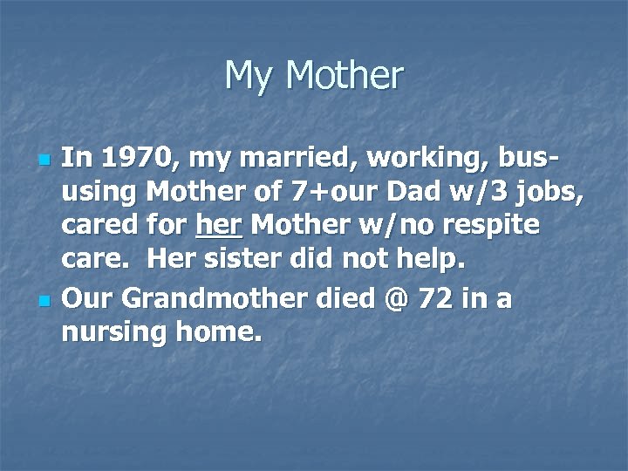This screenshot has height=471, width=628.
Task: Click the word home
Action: [219, 331]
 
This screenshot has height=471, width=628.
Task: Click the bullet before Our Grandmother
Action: [44, 302]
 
